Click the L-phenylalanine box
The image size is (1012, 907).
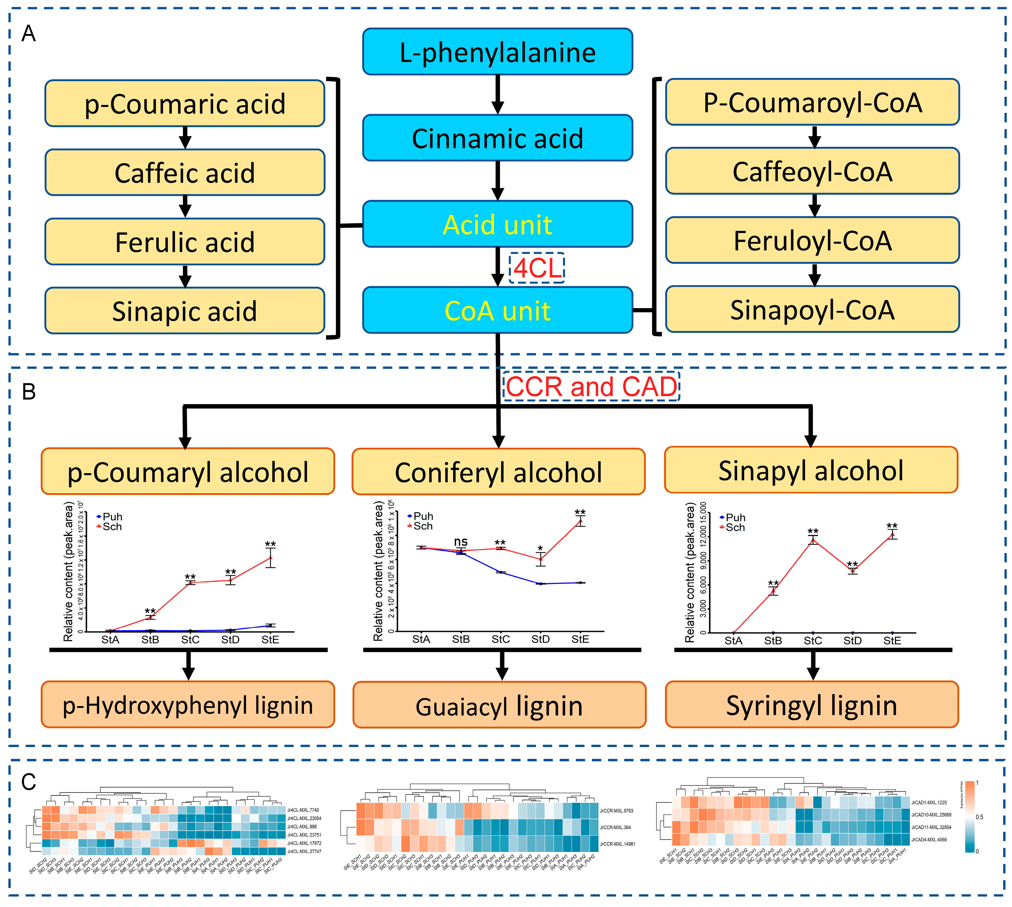coord(497,52)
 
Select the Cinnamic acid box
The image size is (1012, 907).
coord(497,138)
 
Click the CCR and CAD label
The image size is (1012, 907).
coord(591,387)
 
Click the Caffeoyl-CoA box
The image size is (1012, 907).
coord(812,171)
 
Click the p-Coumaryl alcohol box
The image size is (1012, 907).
coord(188,472)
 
